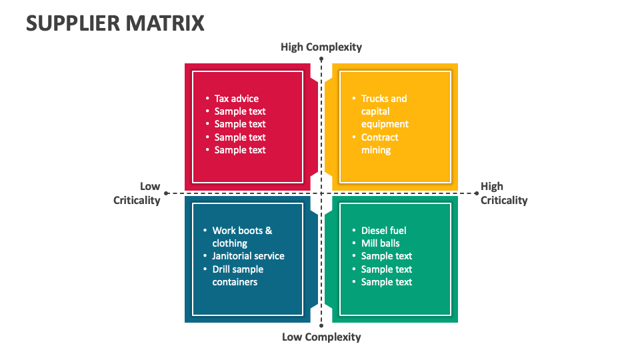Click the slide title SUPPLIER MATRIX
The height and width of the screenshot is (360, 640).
coord(115,23)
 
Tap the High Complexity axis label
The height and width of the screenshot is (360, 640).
coord(321,47)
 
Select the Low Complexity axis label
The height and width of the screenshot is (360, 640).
coord(321,337)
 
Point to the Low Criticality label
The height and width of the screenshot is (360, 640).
coord(137,193)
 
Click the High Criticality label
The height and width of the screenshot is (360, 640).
coord(503,193)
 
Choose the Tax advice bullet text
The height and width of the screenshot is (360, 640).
coord(237,99)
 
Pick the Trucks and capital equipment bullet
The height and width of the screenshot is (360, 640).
coord(385,111)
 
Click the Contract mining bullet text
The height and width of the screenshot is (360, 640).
coord(379,144)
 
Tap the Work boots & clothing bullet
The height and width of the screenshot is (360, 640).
coord(242,237)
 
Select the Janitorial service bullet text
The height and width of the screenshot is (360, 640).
coord(248,256)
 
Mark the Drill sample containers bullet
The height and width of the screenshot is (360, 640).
coord(237,275)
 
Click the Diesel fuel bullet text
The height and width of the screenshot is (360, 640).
coord(383,231)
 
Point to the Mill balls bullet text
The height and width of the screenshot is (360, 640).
coord(380,243)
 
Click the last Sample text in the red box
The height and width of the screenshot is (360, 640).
coord(240,150)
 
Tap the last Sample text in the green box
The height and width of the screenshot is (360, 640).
coord(387,282)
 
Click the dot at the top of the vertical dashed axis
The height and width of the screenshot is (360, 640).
coord(321,59)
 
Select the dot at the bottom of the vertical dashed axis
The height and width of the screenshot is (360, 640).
coord(321,326)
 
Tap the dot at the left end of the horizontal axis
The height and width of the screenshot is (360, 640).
coord(165,193)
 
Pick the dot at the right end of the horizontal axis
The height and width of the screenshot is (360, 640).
coord(477,193)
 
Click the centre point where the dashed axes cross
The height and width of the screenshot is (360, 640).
coord(321,193)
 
